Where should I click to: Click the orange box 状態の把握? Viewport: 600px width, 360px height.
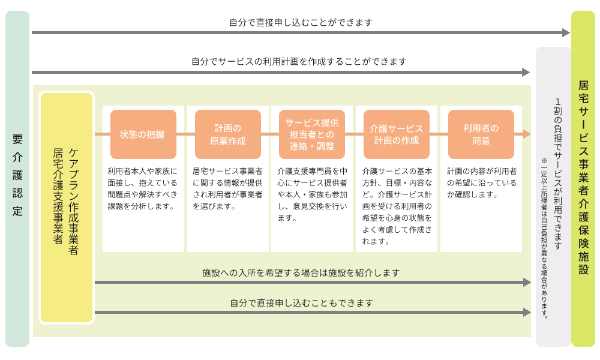(x=143, y=134)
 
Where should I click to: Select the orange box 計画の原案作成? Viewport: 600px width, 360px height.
(x=227, y=134)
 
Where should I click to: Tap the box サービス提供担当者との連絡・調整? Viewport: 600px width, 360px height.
(x=312, y=134)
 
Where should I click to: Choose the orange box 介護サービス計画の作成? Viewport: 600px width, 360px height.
(x=397, y=134)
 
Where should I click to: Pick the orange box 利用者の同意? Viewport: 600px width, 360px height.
(x=481, y=134)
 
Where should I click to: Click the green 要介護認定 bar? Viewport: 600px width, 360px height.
(x=17, y=179)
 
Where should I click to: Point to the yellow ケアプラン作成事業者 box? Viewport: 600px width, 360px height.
(x=67, y=208)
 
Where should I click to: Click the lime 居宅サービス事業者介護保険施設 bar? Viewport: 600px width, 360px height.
(x=583, y=179)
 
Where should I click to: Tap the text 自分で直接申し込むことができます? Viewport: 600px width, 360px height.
(x=301, y=23)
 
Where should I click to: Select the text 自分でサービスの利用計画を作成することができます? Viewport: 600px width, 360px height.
(x=299, y=61)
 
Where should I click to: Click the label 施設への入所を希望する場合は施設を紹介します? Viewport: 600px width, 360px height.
(x=301, y=273)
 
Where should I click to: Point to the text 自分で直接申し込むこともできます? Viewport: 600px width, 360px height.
(x=302, y=303)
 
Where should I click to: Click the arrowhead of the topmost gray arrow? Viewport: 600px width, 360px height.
(x=566, y=33)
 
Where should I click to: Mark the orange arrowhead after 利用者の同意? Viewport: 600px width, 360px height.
(x=527, y=134)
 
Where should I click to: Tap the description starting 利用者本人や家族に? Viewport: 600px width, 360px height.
(x=142, y=188)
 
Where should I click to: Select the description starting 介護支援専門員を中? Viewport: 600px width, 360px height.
(x=312, y=194)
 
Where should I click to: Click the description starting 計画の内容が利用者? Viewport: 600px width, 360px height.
(x=482, y=183)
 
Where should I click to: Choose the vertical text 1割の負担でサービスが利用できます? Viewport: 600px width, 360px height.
(x=558, y=174)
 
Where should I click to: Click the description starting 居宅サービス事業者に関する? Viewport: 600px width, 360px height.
(x=227, y=188)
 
